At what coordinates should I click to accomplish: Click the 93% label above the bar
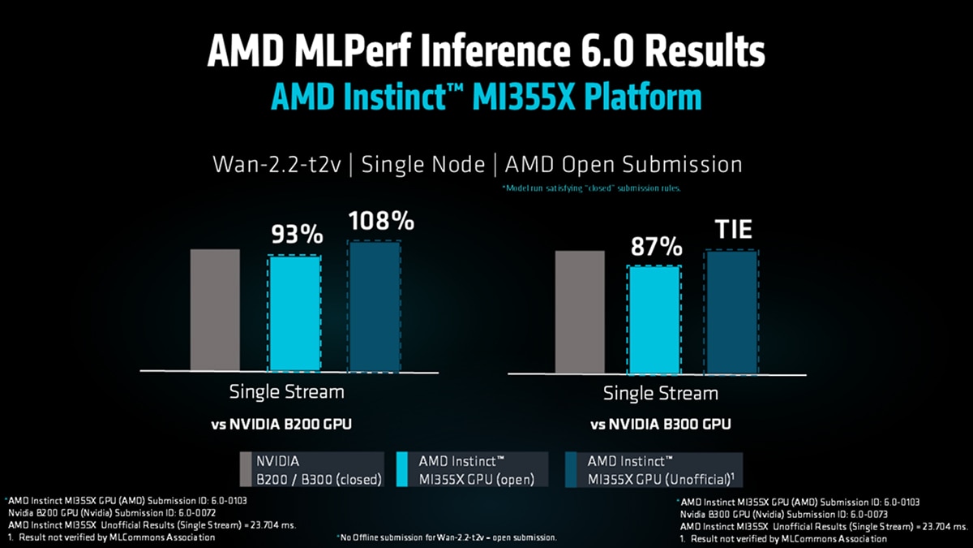(x=295, y=235)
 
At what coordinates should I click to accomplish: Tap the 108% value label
(x=381, y=221)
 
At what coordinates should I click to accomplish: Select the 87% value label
(x=655, y=247)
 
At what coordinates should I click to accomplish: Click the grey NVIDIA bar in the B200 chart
(x=215, y=309)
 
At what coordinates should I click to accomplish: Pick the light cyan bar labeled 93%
(x=294, y=313)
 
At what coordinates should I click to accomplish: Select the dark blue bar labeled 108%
(x=374, y=306)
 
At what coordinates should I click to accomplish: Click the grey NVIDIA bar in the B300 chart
(x=580, y=312)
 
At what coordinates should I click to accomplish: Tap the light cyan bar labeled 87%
(x=654, y=320)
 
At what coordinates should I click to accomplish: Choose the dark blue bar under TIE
(x=732, y=313)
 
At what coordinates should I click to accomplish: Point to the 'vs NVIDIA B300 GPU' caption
(x=661, y=424)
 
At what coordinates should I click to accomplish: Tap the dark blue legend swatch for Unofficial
(x=575, y=470)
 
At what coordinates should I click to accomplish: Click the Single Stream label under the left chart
(x=286, y=391)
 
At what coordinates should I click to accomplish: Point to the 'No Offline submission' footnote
(x=446, y=538)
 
